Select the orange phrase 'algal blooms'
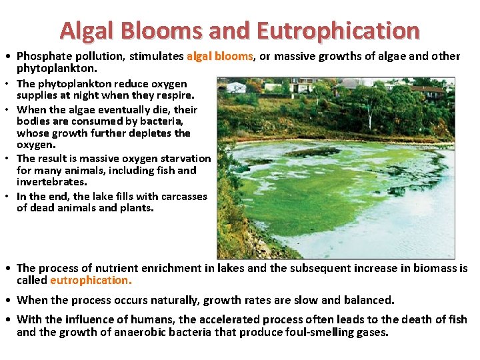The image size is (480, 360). point(219,57)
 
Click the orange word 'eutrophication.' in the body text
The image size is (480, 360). point(91,281)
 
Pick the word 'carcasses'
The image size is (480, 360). point(181,197)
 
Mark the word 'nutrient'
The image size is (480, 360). point(96,269)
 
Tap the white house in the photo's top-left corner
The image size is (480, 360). point(236,87)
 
